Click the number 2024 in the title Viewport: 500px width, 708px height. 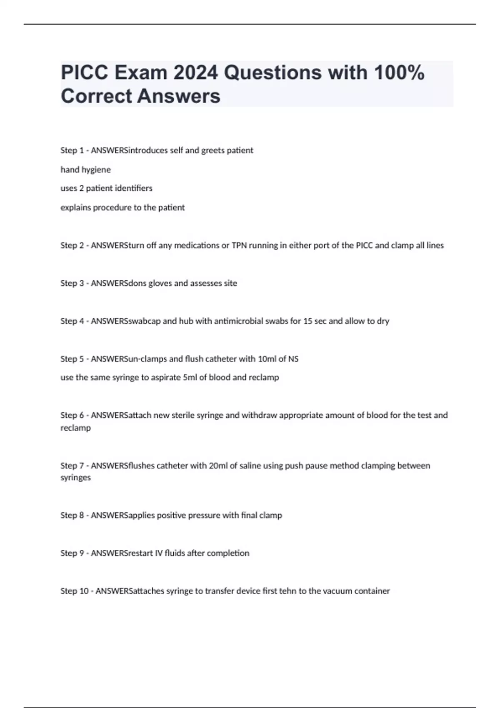point(195,73)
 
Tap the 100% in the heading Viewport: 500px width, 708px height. point(399,73)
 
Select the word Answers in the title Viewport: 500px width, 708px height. point(179,96)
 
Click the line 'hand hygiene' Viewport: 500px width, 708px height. point(86,170)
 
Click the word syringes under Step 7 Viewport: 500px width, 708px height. point(75,478)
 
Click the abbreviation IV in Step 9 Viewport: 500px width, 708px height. point(159,553)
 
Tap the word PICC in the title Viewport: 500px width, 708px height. point(85,73)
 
